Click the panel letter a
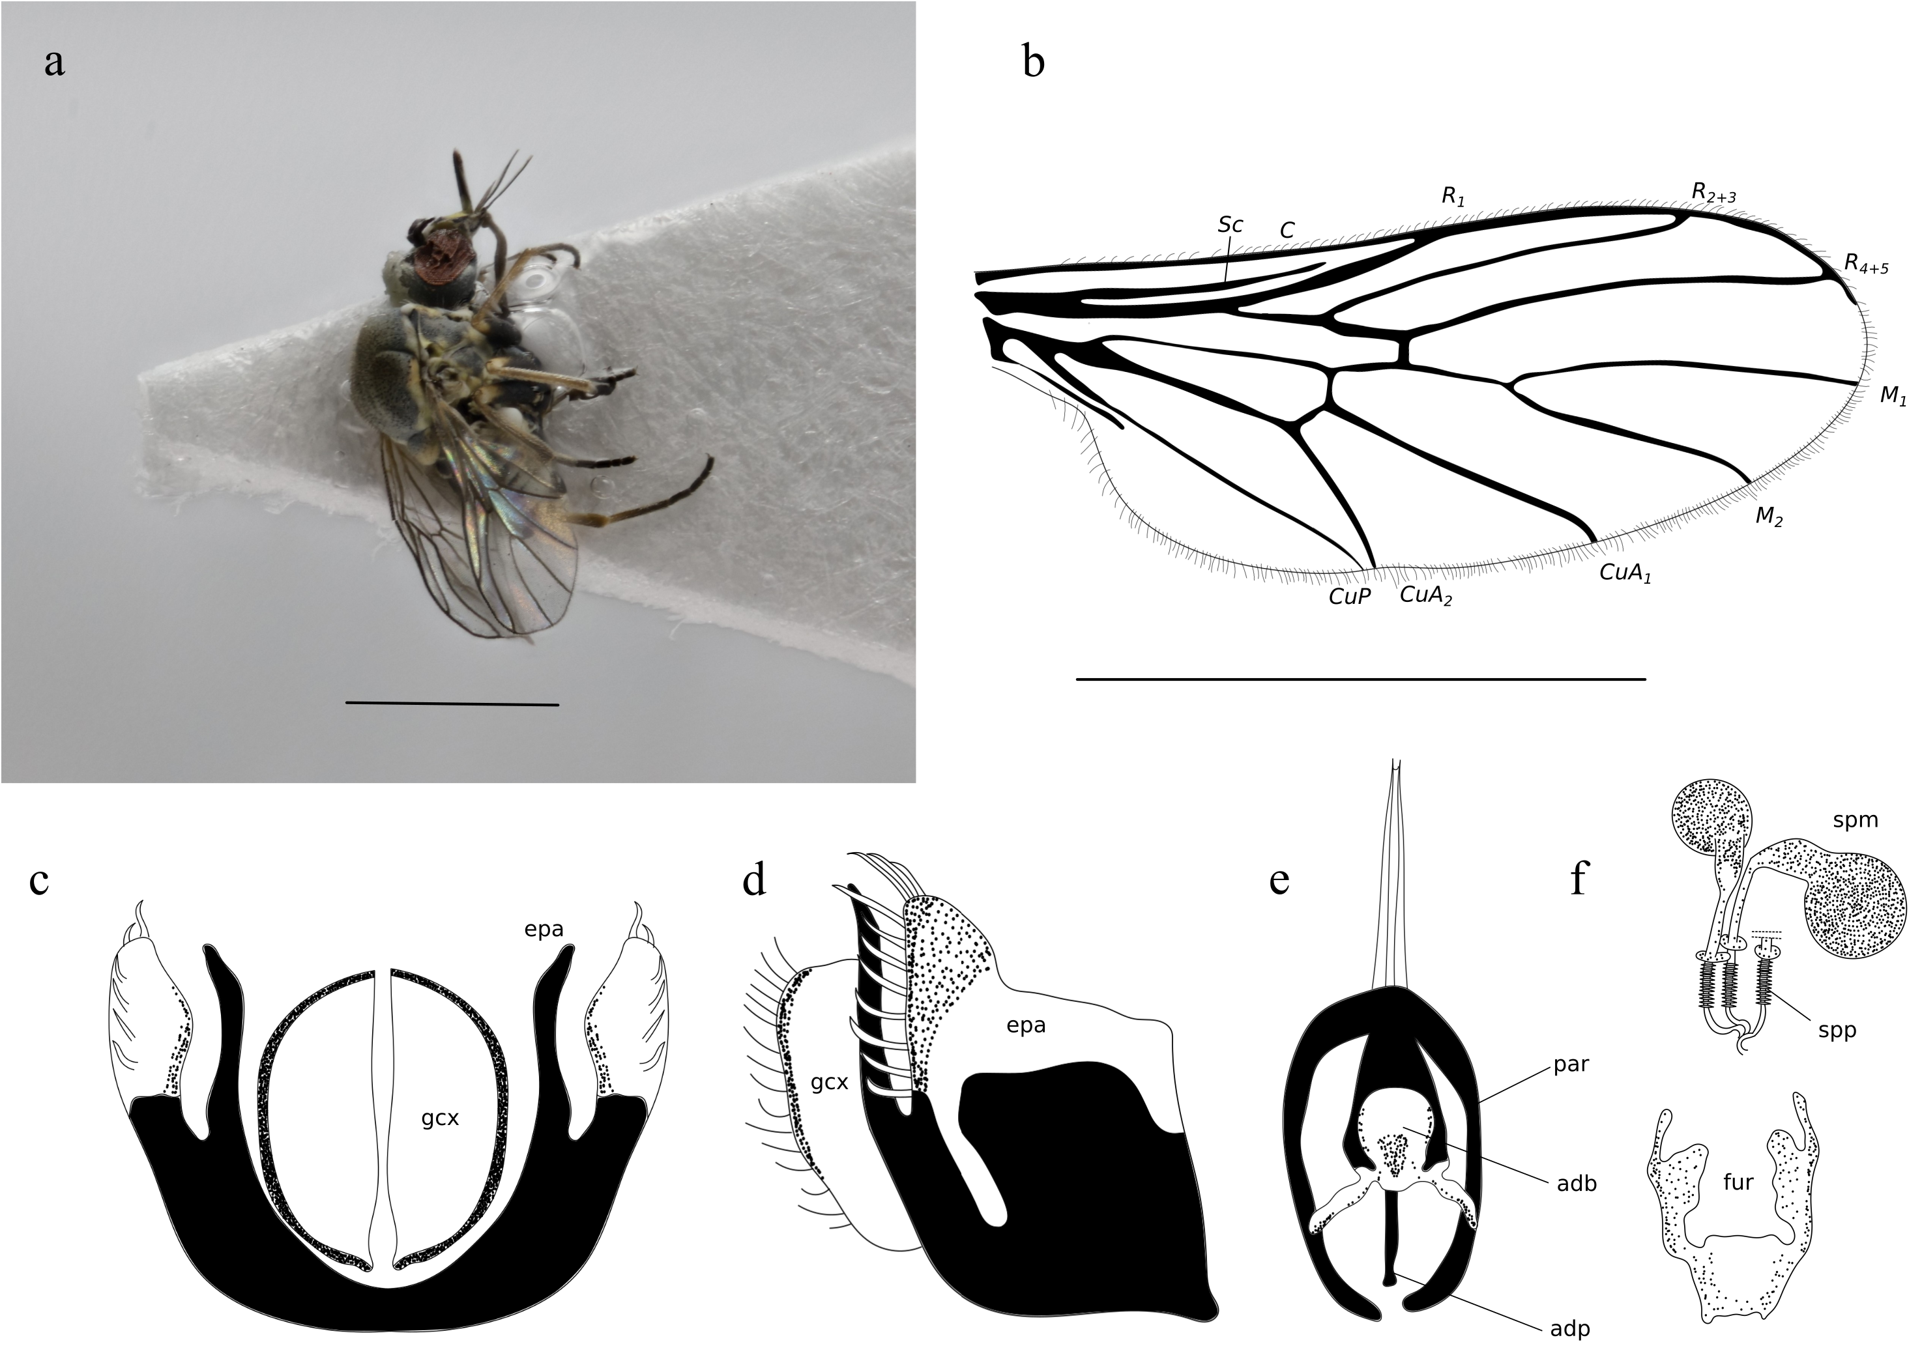[x=54, y=63]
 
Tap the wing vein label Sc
[x=1230, y=224]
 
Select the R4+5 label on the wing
[x=1866, y=264]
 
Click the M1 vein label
[x=1893, y=395]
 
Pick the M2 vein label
[x=1769, y=517]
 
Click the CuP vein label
[x=1349, y=597]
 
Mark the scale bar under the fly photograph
[x=452, y=704]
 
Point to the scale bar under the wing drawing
[x=1360, y=679]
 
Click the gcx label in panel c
[x=441, y=1117]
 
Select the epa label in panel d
[x=1027, y=1025]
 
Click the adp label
[x=1569, y=1328]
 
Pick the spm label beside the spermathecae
[x=1855, y=820]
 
